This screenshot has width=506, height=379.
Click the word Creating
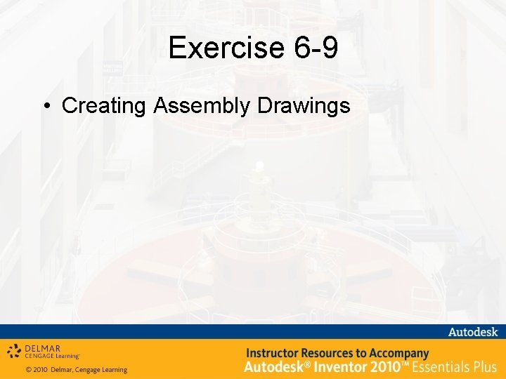104,106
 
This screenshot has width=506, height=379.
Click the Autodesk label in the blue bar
473,332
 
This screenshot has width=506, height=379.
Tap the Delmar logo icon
14,350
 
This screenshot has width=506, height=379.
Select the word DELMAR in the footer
43,347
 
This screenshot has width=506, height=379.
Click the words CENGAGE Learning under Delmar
53,356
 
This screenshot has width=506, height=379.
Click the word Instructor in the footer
275,353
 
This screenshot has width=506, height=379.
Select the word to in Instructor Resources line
370,353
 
